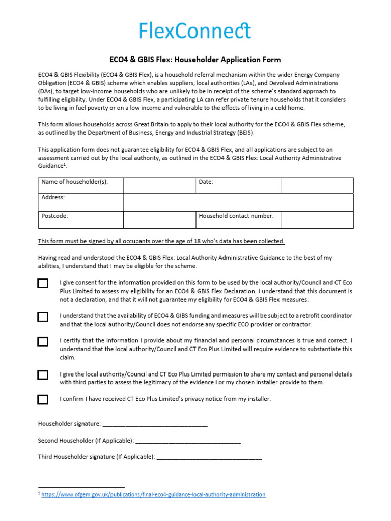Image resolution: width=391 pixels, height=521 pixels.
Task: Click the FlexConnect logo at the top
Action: [x=195, y=31]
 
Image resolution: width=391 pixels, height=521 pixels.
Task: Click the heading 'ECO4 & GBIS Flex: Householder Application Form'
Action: [x=195, y=60]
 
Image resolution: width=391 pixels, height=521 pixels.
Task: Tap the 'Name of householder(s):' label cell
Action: [x=74, y=182]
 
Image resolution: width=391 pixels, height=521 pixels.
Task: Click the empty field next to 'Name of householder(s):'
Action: [x=159, y=185]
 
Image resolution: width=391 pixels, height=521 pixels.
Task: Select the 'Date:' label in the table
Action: [x=206, y=182]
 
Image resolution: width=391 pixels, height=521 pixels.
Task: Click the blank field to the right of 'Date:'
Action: [x=317, y=185]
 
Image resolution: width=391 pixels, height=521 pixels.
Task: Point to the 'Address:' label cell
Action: [x=53, y=197]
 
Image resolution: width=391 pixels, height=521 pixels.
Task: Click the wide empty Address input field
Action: [x=238, y=202]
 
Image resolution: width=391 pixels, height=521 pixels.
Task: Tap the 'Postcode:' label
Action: [x=54, y=216]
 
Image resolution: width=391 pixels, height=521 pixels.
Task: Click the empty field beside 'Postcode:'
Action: [x=159, y=220]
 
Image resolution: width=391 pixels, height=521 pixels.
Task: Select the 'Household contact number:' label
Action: [x=236, y=216]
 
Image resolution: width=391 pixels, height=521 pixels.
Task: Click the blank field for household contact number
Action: [x=317, y=220]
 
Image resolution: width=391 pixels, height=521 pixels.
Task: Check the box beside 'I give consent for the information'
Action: [x=43, y=283]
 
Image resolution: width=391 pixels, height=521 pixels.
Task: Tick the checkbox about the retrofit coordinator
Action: [x=43, y=316]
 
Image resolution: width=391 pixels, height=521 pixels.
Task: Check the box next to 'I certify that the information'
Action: [x=43, y=341]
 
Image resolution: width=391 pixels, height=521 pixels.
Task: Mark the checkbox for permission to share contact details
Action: [x=43, y=375]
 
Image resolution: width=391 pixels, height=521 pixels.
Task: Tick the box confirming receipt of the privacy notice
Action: [x=43, y=399]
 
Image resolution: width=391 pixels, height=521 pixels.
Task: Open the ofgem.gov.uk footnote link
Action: [x=153, y=494]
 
